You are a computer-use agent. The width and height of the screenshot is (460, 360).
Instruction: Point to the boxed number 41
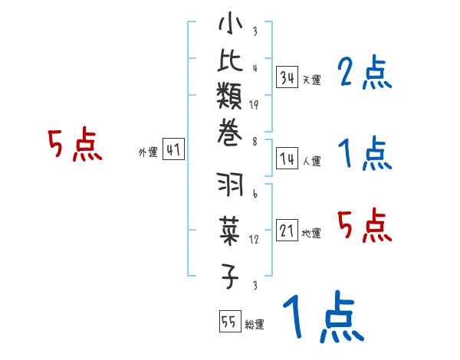(x=173, y=150)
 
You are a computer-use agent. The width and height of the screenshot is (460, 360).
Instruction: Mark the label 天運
(x=312, y=79)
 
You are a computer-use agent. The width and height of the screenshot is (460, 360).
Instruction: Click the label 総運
(x=255, y=324)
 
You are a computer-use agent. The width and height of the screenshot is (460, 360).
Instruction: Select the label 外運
(x=148, y=152)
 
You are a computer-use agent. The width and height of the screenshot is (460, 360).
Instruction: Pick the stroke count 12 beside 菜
(x=254, y=239)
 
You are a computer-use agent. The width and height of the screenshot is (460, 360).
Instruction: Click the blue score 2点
(x=365, y=74)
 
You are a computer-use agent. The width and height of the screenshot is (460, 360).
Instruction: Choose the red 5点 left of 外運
(x=74, y=145)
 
